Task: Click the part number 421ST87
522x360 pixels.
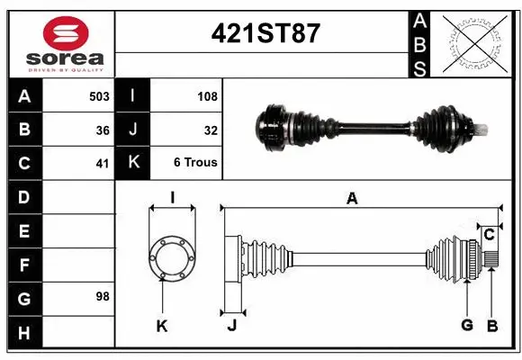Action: pyautogui.click(x=265, y=33)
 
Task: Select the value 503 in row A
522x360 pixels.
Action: pyautogui.click(x=98, y=95)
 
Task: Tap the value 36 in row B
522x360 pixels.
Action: pyautogui.click(x=102, y=130)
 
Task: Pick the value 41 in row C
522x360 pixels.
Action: pyautogui.click(x=102, y=164)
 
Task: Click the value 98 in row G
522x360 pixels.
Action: pyautogui.click(x=102, y=296)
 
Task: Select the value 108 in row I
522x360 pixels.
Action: pyautogui.click(x=206, y=95)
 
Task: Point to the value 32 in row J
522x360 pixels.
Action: pyautogui.click(x=211, y=130)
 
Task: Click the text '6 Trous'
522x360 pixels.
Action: pyautogui.click(x=195, y=164)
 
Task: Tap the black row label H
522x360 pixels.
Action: pyautogui.click(x=24, y=333)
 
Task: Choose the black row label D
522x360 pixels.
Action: pyautogui.click(x=24, y=197)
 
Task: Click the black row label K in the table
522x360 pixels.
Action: pyautogui.click(x=133, y=164)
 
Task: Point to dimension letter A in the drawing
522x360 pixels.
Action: pyautogui.click(x=353, y=199)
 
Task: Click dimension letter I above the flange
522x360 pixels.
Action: pyautogui.click(x=172, y=198)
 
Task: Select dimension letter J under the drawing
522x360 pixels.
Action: pyautogui.click(x=231, y=326)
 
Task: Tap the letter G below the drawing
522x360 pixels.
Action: pyautogui.click(x=467, y=326)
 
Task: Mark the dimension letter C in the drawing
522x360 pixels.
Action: pyautogui.click(x=489, y=235)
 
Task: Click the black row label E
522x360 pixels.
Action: pyautogui.click(x=24, y=231)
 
